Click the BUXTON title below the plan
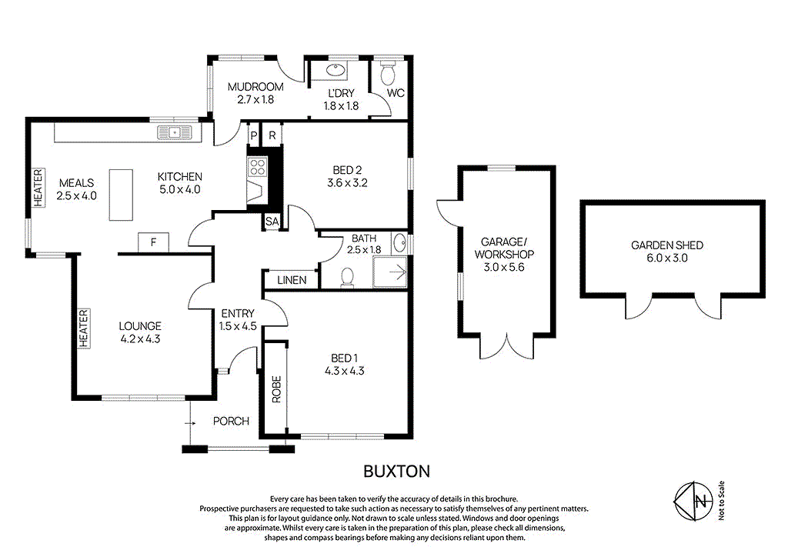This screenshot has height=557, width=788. click(396, 470)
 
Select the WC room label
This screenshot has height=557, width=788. click(396, 93)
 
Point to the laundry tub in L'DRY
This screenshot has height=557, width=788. click(336, 71)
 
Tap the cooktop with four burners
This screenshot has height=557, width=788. click(256, 165)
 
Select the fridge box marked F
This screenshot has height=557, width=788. click(153, 242)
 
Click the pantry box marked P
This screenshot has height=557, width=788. click(252, 135)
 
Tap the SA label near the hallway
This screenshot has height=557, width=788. click(272, 222)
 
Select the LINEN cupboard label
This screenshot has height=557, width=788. click(292, 280)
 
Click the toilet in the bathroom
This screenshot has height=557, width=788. click(346, 275)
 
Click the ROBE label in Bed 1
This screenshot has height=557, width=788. click(275, 389)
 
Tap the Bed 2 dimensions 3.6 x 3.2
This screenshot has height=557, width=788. click(342, 183)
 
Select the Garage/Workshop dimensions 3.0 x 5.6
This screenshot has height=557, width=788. click(504, 267)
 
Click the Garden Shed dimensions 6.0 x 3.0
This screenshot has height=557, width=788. click(667, 258)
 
